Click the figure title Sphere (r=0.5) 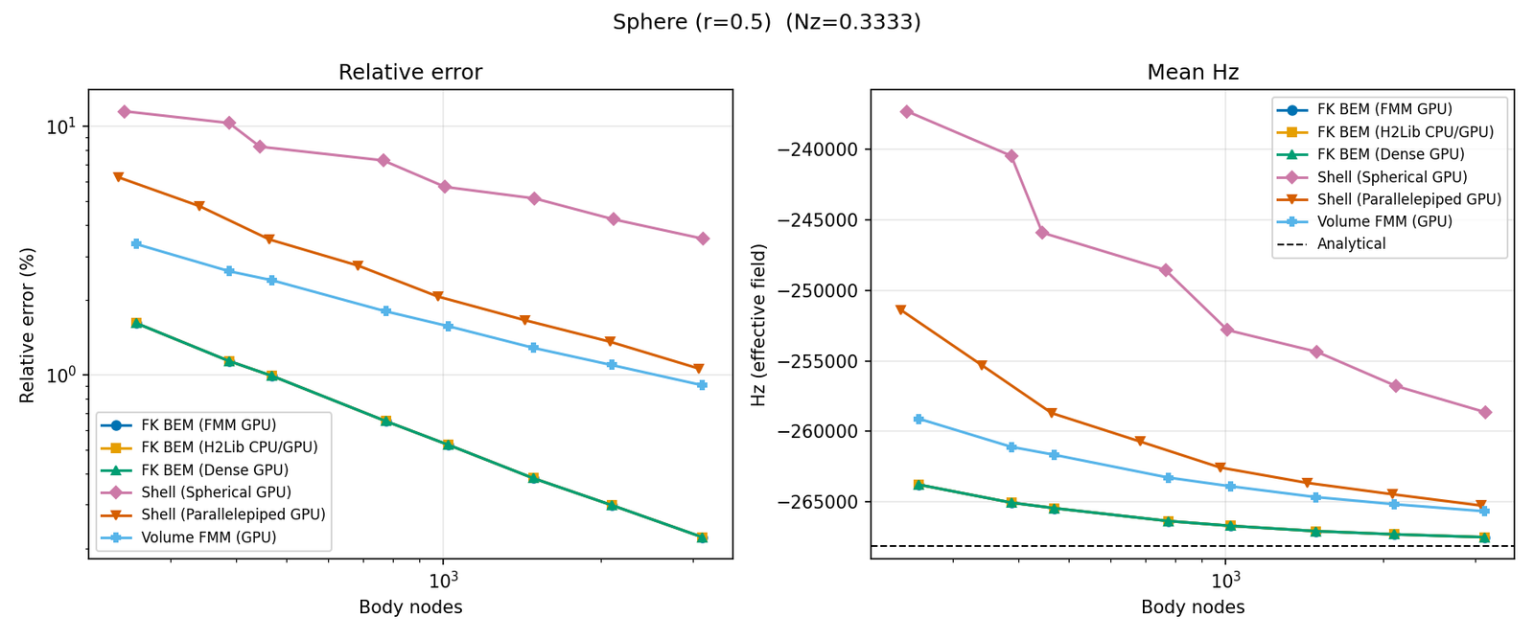(x=691, y=22)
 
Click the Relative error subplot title (x=410, y=73)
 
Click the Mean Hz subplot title (x=1193, y=73)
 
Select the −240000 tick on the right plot (x=825, y=150)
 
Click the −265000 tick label (x=825, y=502)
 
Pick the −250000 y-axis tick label (x=825, y=291)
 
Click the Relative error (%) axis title (x=28, y=326)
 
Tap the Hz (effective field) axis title (x=758, y=326)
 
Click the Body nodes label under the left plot (x=410, y=607)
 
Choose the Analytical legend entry (x=1351, y=244)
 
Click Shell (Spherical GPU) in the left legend (x=216, y=492)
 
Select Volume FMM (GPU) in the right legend (x=1383, y=221)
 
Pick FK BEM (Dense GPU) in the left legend (x=215, y=470)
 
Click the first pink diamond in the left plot (x=125, y=112)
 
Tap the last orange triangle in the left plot (x=699, y=369)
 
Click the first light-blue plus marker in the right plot (x=918, y=419)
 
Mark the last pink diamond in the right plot (x=1485, y=412)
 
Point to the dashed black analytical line (x=1055, y=546)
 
